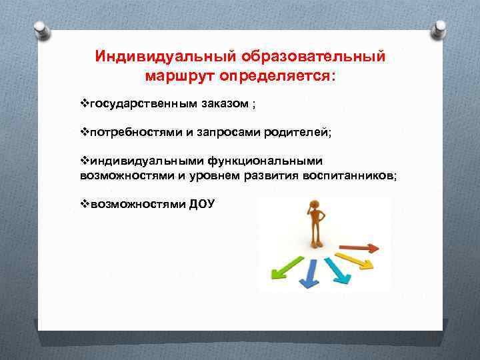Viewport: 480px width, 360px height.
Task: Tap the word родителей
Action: (297, 132)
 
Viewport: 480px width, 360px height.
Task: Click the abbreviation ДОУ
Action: (202, 204)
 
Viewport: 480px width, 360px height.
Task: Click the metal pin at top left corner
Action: (39, 29)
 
